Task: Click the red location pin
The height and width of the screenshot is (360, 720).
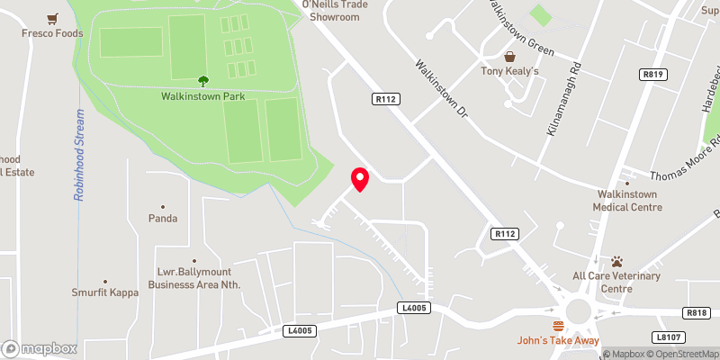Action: (360, 179)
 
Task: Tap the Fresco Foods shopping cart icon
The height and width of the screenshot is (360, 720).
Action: (54, 18)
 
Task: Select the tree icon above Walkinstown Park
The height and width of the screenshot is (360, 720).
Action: (202, 80)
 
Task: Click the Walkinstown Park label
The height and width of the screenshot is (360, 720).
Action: (203, 95)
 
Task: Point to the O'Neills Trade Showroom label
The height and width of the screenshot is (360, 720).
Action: (329, 10)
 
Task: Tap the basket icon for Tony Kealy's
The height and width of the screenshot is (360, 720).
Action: (508, 56)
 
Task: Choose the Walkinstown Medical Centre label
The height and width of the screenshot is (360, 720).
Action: (627, 200)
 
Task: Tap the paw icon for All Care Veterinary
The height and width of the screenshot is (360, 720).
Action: (616, 261)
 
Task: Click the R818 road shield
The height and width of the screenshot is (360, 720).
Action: (696, 312)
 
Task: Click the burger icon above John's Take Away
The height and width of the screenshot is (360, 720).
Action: (559, 326)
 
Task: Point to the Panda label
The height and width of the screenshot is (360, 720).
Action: (163, 218)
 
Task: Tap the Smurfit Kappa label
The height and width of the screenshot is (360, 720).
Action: (105, 292)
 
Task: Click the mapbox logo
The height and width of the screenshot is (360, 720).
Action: (39, 348)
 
